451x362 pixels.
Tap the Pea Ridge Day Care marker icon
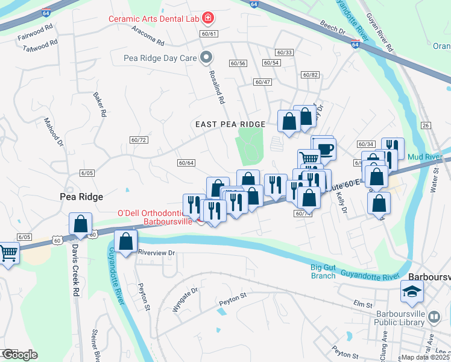[207, 58]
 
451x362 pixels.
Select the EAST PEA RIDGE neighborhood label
[230, 124]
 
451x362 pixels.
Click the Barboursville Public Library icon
[434, 316]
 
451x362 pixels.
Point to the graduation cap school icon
[413, 293]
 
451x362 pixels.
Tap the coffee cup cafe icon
[326, 149]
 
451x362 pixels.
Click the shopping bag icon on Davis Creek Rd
[81, 224]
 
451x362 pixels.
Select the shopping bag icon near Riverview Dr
[126, 243]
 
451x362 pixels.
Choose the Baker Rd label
[99, 104]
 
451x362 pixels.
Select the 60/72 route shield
[139, 140]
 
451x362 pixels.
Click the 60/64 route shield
[186, 162]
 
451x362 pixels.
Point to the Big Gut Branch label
[323, 271]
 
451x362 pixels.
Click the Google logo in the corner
[20, 355]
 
